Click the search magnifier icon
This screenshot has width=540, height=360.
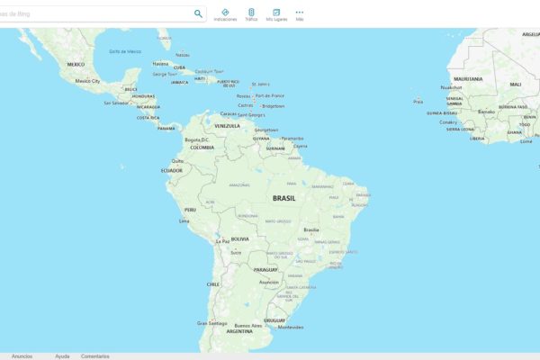pyautogui.click(x=198, y=13)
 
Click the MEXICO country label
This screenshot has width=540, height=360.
pyautogui.click(x=76, y=64)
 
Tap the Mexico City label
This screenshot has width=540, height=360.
pyautogui.click(x=87, y=81)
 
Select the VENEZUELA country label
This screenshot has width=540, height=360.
pyautogui.click(x=228, y=126)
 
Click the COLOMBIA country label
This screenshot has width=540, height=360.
pyautogui.click(x=202, y=147)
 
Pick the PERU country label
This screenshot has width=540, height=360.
pyautogui.click(x=190, y=210)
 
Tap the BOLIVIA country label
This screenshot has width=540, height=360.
pyautogui.click(x=239, y=238)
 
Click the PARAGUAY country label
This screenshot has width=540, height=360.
pyautogui.click(x=265, y=269)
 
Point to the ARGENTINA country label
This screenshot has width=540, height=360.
pyautogui.click(x=239, y=331)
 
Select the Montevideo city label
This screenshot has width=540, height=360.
pyautogui.click(x=290, y=327)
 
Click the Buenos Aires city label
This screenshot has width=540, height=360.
pyautogui.click(x=248, y=325)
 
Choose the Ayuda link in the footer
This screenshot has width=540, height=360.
pyautogui.click(x=62, y=356)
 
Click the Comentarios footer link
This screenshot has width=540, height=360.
pyautogui.click(x=95, y=356)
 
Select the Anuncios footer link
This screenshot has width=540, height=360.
pyautogui.click(x=22, y=356)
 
